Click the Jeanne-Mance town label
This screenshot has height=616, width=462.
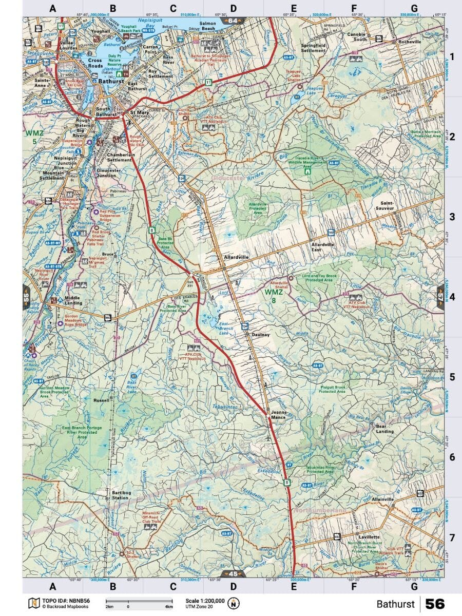pyautogui.click(x=278, y=415)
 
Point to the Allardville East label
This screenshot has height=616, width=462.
pyautogui.click(x=322, y=247)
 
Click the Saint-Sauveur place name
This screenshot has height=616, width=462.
pyautogui.click(x=383, y=206)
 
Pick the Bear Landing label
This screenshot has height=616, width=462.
pyautogui.click(x=384, y=429)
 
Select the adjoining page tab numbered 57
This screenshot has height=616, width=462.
pyautogui.click(x=440, y=296)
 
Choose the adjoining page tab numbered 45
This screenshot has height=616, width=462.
pyautogui.click(x=232, y=573)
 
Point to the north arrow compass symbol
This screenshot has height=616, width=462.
pyautogui.click(x=234, y=603)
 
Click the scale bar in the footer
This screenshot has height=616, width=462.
pyautogui.click(x=139, y=601)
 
